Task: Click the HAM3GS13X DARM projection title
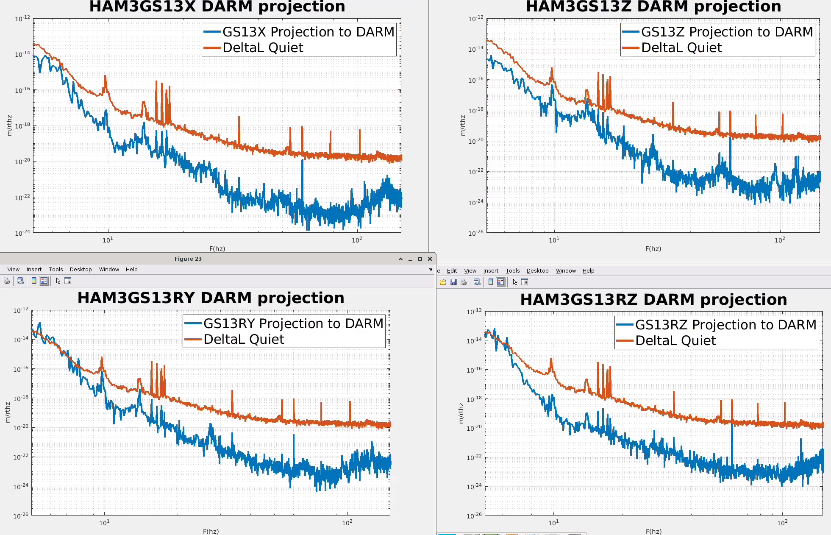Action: [217, 7]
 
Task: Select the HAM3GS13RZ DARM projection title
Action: [653, 300]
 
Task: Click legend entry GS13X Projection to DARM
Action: [308, 32]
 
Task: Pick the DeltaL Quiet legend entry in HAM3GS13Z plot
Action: [681, 47]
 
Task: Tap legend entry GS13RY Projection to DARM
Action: [293, 323]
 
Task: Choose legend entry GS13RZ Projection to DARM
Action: [725, 325]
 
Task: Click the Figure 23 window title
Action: [188, 259]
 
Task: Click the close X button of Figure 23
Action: [430, 259]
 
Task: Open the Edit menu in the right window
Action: [452, 271]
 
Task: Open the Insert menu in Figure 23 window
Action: [34, 270]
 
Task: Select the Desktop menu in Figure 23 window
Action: [81, 270]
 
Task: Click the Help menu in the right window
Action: [588, 271]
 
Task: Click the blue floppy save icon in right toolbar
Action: [453, 282]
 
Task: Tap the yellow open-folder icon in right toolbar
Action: [443, 282]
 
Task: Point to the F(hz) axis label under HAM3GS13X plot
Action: [217, 249]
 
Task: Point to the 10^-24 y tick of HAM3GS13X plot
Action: [22, 233]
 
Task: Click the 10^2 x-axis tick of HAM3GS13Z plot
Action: [780, 240]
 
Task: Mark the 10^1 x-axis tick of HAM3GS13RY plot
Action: [104, 523]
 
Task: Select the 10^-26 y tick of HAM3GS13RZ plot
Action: [474, 515]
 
